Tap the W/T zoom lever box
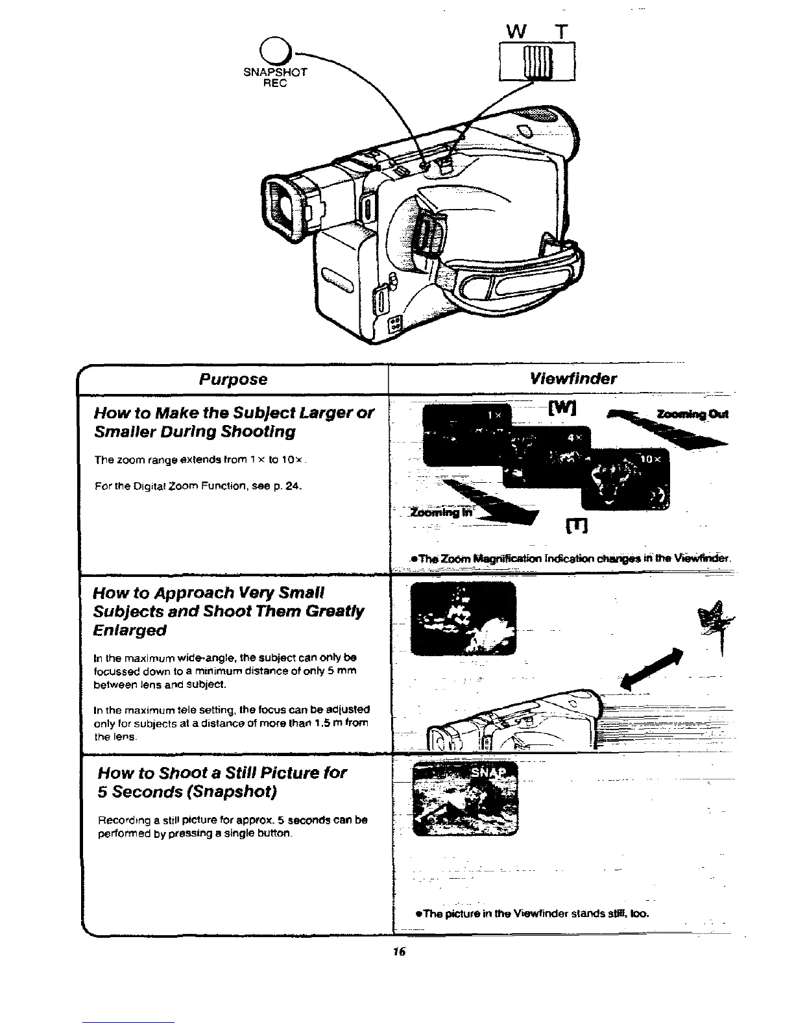[538, 61]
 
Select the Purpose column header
[233, 379]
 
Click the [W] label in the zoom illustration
[559, 410]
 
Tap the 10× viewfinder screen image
[625, 479]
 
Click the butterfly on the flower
[715, 620]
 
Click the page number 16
[398, 951]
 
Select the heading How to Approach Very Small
[209, 593]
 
